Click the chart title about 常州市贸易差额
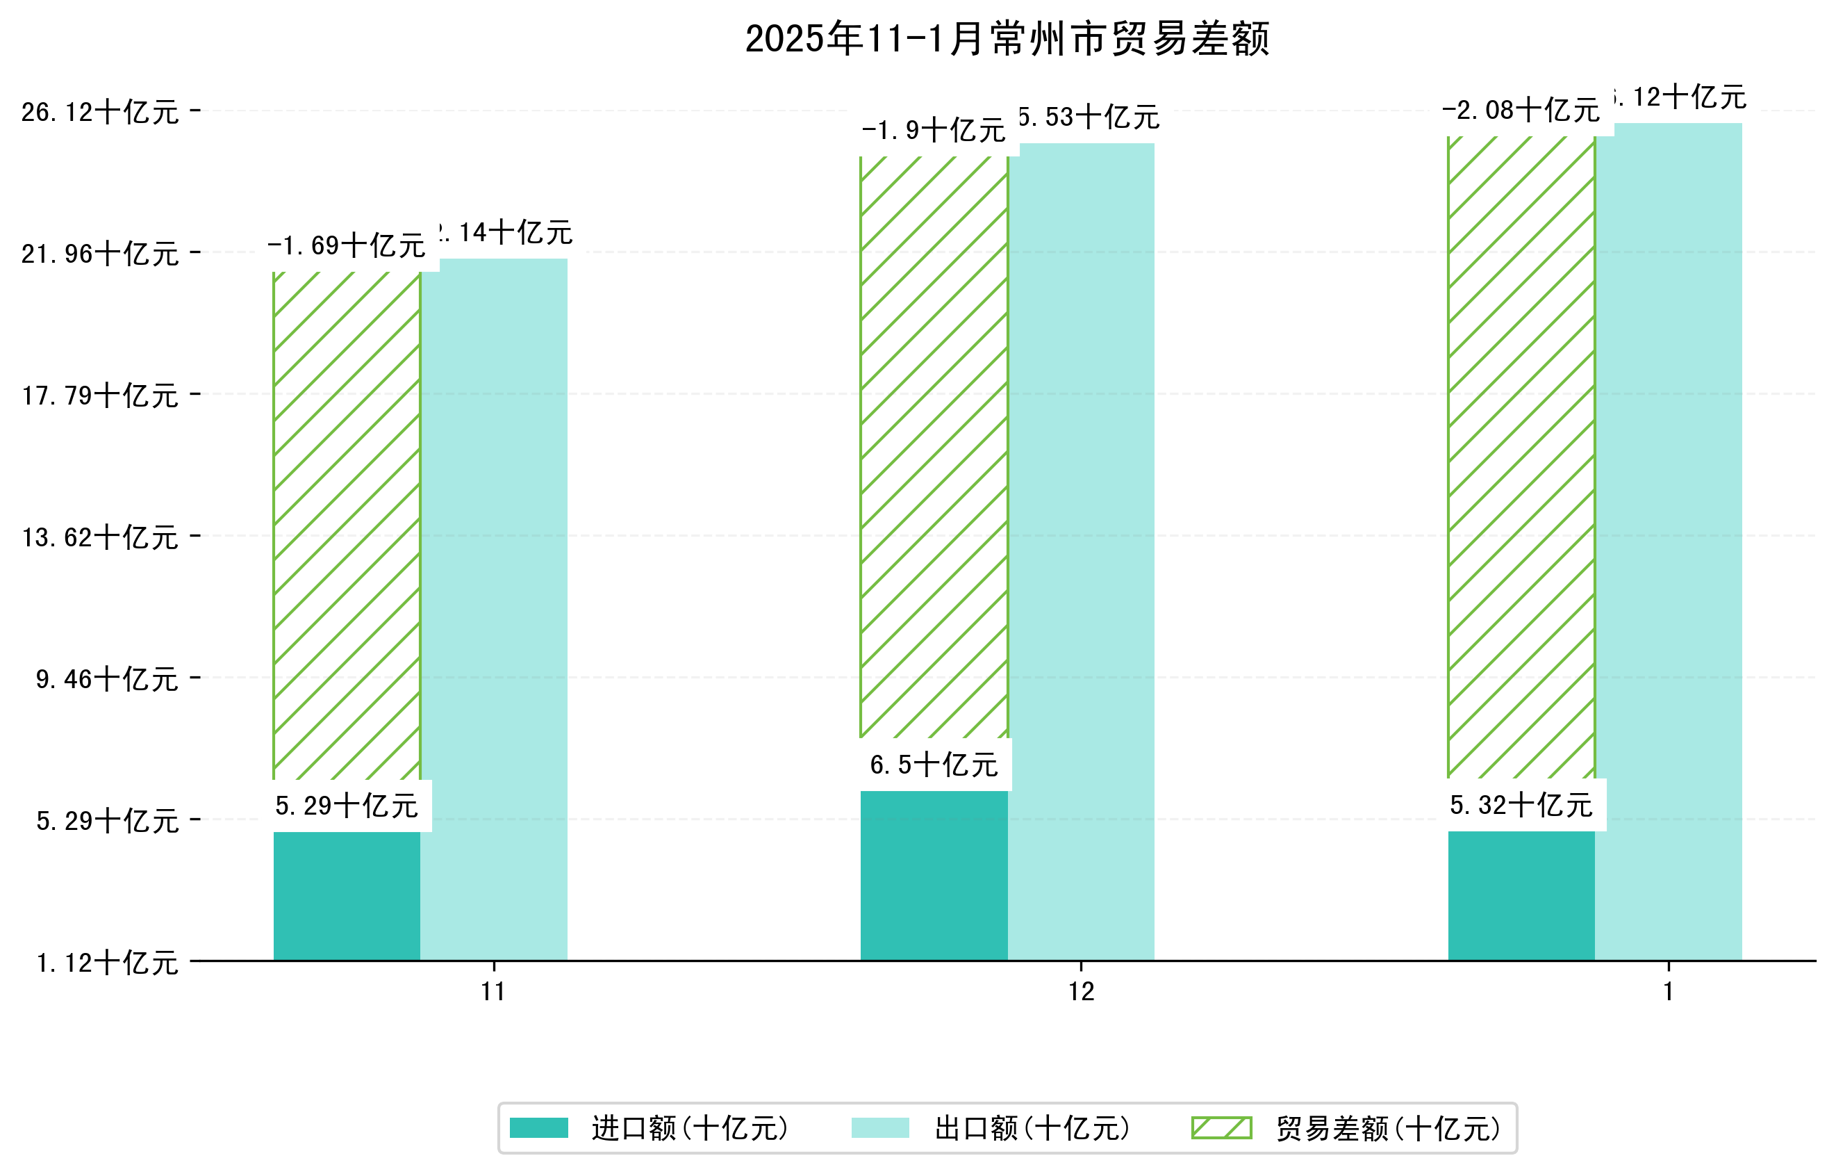1007,39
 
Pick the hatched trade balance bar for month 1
1521,457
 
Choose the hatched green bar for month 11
347,526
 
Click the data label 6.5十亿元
934,765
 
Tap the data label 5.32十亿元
1521,805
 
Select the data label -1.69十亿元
347,245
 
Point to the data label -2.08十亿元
1521,111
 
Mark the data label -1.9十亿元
934,131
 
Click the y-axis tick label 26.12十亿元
100,112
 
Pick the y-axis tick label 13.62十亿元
100,537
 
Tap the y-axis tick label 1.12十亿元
107,963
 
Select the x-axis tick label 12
1081,992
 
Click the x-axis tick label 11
493,992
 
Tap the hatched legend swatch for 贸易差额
1221,1127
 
